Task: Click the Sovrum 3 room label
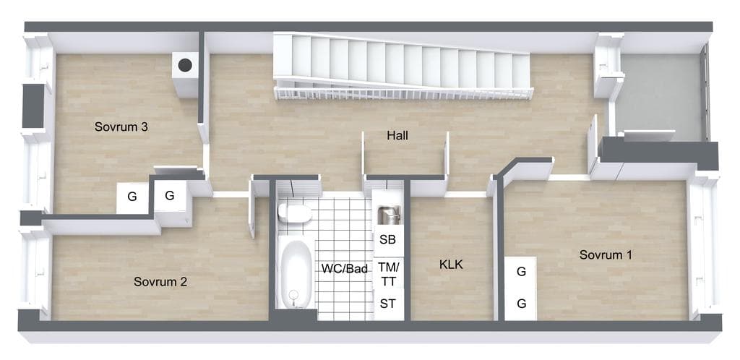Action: pyautogui.click(x=121, y=127)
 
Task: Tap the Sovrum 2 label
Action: pyautogui.click(x=160, y=282)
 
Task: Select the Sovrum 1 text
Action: pyautogui.click(x=606, y=254)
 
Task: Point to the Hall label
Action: pyautogui.click(x=397, y=135)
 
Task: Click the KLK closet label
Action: pyautogui.click(x=451, y=265)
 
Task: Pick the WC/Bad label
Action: pyautogui.click(x=345, y=269)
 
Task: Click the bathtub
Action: pyautogui.click(x=295, y=273)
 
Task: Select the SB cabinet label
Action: pyautogui.click(x=387, y=239)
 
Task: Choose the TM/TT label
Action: pyautogui.click(x=388, y=275)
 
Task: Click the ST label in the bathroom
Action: pyautogui.click(x=388, y=304)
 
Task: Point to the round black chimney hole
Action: pyautogui.click(x=185, y=65)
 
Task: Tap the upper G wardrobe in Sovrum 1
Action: pyautogui.click(x=521, y=272)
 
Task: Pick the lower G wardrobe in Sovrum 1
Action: pyautogui.click(x=521, y=304)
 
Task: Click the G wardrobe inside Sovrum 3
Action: pyautogui.click(x=132, y=197)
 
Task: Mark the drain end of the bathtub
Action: pyautogui.click(x=294, y=296)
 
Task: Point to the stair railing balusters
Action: pyautogui.click(x=403, y=93)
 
